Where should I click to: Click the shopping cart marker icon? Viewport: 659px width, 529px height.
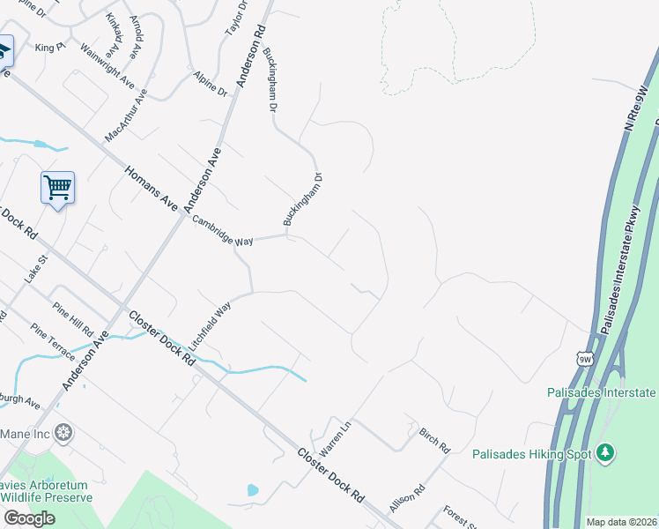point(57,187)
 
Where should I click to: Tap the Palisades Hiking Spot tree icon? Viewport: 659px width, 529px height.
point(604,453)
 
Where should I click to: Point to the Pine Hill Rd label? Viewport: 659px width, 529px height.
point(74,318)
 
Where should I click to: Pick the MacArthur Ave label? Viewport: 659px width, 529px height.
point(125,115)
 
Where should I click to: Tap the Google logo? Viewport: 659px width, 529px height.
point(29,518)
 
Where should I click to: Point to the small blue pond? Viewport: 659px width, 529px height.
point(254,489)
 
